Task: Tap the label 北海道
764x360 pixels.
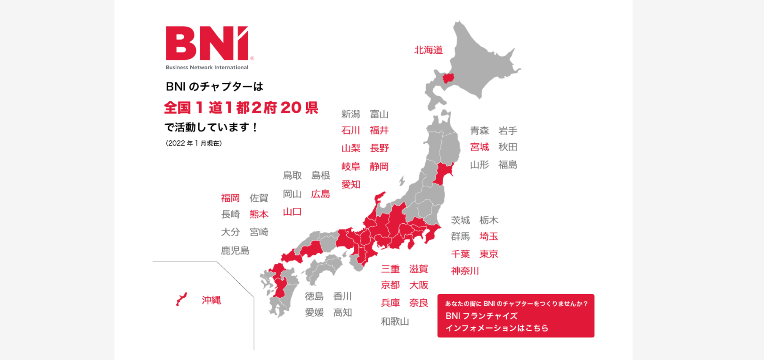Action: coord(428,50)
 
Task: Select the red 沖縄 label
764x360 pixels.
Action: coord(211,300)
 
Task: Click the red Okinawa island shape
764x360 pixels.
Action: coord(181,299)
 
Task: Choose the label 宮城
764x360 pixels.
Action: coord(480,147)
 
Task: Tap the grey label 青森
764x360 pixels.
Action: coord(480,131)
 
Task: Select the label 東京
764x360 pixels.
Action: coord(488,254)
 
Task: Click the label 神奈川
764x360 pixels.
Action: coord(465,271)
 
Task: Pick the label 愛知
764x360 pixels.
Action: coord(350,185)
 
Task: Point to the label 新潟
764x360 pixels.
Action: coord(350,114)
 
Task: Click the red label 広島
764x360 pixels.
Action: coord(320,194)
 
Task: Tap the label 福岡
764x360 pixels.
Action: coord(230,198)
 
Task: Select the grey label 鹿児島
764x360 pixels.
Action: coord(235,251)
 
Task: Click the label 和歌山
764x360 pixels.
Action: coord(395,321)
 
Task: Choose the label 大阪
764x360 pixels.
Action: coord(418,286)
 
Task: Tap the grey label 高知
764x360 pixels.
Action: coord(342,312)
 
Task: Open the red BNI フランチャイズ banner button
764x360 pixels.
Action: coord(516,316)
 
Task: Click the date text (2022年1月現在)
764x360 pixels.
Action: coord(194,143)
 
